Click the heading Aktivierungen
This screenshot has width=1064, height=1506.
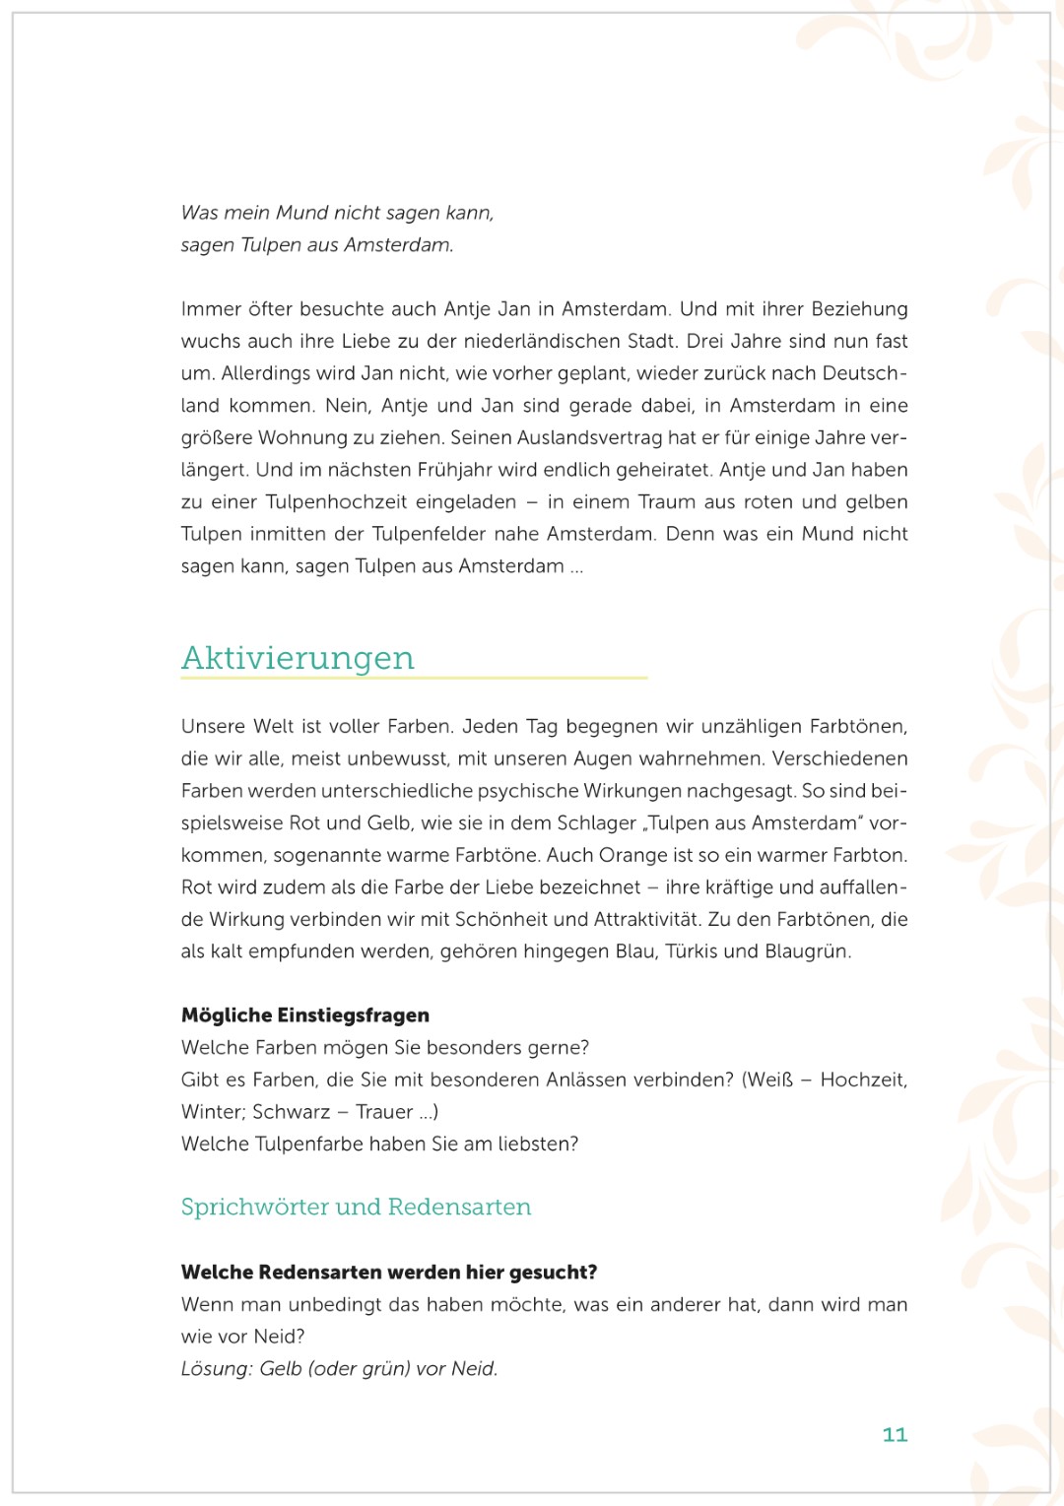[298, 658]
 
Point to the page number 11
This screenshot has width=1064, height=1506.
[895, 1434]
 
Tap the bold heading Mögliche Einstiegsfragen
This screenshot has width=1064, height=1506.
[305, 1015]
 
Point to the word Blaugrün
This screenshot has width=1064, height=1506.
[807, 951]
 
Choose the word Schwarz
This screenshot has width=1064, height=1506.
[291, 1112]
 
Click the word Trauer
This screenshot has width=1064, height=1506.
[384, 1112]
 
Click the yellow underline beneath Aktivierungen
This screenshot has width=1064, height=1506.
[414, 678]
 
